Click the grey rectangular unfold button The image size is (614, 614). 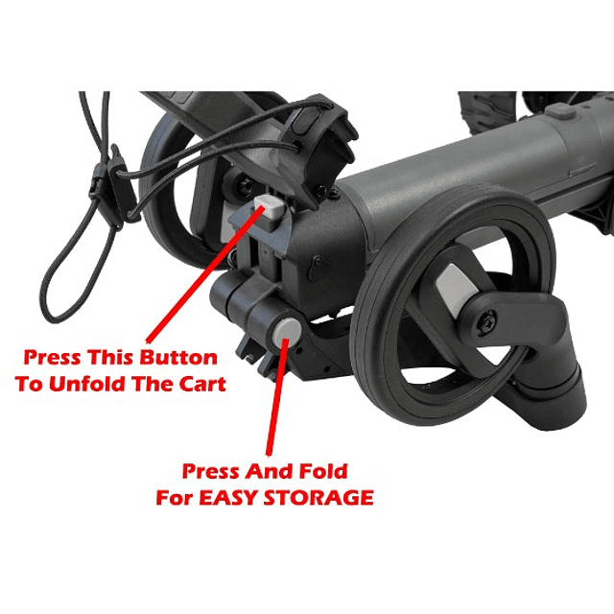coord(271,207)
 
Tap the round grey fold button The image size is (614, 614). coord(287,331)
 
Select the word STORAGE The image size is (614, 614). coord(319,498)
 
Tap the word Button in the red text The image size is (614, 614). coord(179,358)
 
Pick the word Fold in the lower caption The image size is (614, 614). coord(323,471)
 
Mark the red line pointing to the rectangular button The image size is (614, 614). coord(204,274)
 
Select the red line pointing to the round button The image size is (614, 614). coord(277,397)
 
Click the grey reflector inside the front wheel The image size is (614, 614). coord(457,291)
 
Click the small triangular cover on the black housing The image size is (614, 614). coord(319,268)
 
